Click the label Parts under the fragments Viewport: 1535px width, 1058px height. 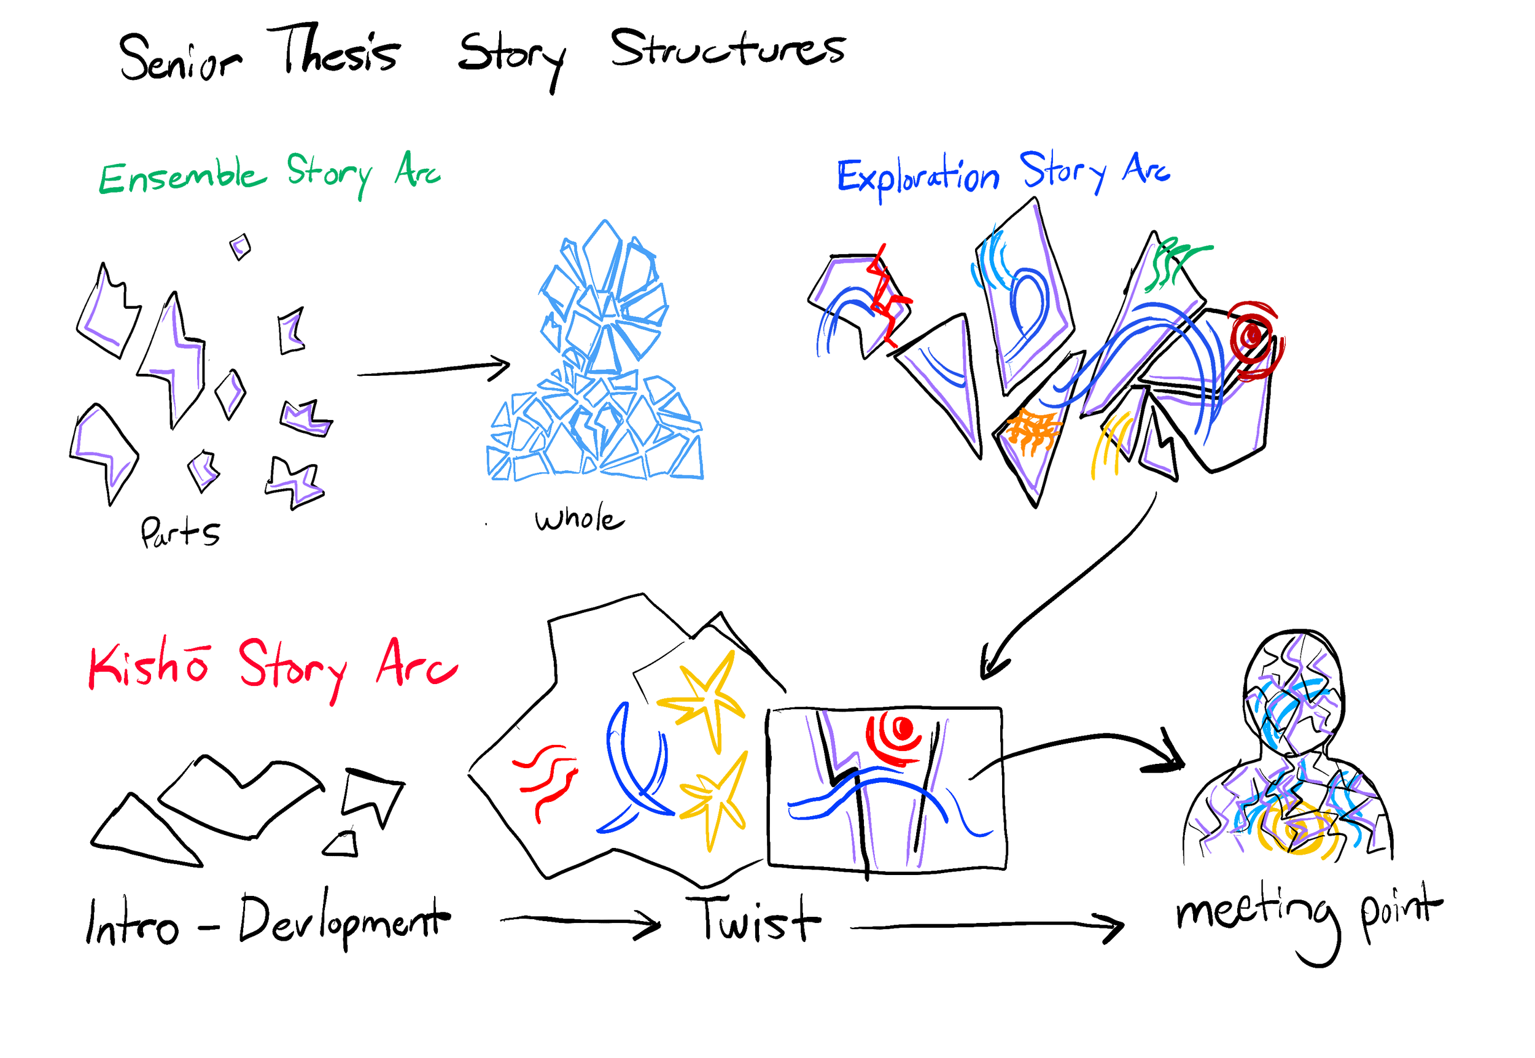tap(180, 532)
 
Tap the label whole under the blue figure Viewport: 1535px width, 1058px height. tap(578, 519)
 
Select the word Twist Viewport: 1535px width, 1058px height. tap(753, 919)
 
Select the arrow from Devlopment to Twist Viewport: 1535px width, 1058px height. tap(580, 922)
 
